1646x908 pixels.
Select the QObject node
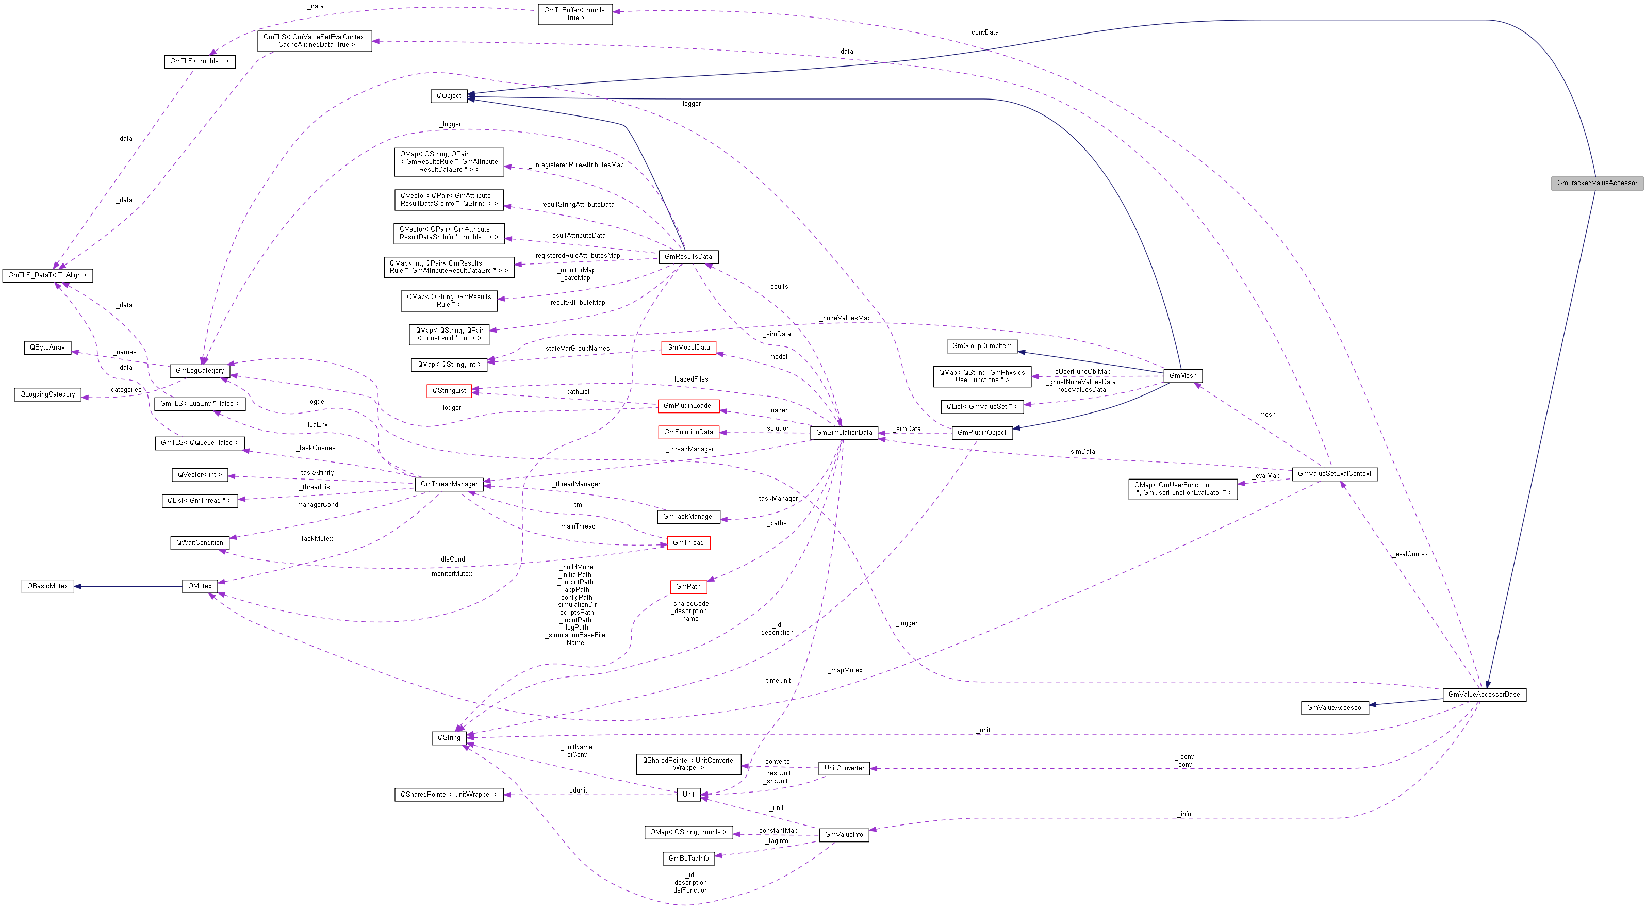[x=449, y=96]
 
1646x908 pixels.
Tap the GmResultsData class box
[x=688, y=257]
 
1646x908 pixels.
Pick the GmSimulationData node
[x=844, y=433]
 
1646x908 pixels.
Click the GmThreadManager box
[x=449, y=484]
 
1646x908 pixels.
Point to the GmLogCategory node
[x=200, y=371]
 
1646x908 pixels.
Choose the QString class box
[x=449, y=738]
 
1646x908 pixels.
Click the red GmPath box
[x=688, y=587]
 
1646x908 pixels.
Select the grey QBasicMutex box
[x=47, y=586]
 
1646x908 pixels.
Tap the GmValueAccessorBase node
[x=1484, y=695]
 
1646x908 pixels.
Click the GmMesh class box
[x=1183, y=376]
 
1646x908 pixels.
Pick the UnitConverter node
[x=844, y=768]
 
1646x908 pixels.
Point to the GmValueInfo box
[x=844, y=834]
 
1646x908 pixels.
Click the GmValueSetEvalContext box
[x=1334, y=474]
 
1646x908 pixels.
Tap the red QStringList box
[x=449, y=390]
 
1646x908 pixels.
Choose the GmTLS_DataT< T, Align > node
[x=48, y=275]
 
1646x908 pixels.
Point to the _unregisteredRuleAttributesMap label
[x=577, y=165]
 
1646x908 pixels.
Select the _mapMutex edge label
[x=845, y=670]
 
